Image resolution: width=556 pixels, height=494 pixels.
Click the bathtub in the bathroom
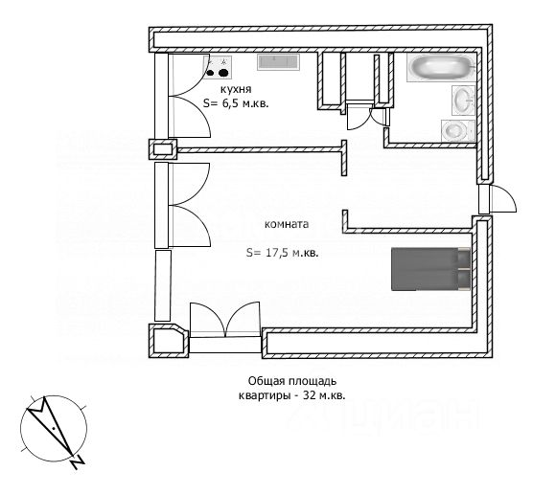pos(441,67)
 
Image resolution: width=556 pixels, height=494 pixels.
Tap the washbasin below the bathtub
pos(463,101)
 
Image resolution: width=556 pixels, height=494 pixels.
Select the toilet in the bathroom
pos(458,130)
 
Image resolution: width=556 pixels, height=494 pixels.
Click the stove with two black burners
pos(217,67)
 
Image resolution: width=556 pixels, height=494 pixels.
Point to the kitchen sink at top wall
pos(278,62)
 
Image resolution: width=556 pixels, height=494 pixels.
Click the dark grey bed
pos(430,269)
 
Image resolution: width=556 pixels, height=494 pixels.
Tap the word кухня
pos(236,89)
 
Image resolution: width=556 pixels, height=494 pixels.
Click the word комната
pos(287,224)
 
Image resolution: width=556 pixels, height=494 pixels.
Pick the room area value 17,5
pos(278,253)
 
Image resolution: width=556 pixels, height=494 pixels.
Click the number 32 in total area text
pos(309,395)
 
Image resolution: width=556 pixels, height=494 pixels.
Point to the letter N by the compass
pos(77,461)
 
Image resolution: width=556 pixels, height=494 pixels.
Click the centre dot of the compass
pos(53,429)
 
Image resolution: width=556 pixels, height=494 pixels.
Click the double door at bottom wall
pos(225,320)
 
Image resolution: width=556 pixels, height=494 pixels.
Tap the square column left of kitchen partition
pos(163,149)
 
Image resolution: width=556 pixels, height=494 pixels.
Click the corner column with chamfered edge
pos(169,341)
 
